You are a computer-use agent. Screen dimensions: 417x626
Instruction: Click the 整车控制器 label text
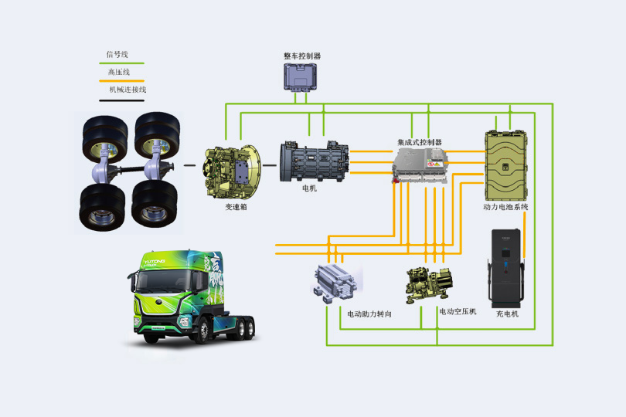click(302, 56)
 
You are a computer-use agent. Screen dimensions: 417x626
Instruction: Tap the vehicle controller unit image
click(301, 77)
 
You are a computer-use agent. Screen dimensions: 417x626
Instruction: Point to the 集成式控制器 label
click(420, 143)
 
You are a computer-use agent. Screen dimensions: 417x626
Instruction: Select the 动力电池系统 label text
click(505, 207)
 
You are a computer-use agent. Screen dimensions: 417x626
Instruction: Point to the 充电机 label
click(507, 314)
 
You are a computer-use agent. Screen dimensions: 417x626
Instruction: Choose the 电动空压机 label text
click(458, 312)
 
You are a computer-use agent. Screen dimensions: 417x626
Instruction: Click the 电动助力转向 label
click(369, 314)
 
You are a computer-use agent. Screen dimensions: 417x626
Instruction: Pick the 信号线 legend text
click(117, 55)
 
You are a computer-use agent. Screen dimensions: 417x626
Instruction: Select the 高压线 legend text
click(118, 72)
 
